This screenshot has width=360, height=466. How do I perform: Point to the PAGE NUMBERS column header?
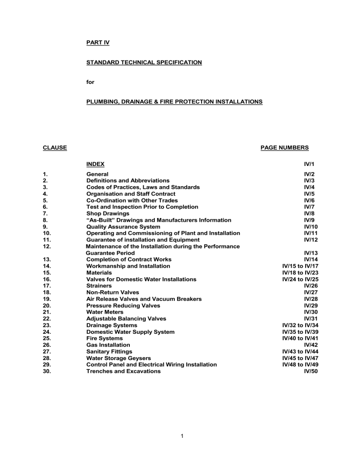click(284, 148)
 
